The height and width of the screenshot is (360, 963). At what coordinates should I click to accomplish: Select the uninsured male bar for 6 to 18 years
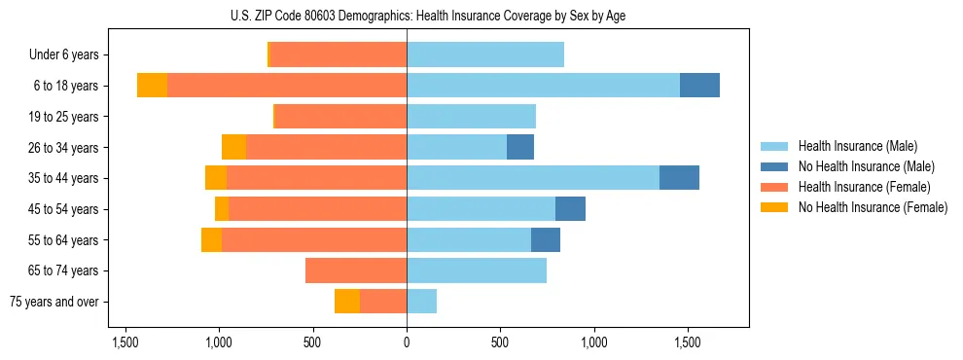coord(699,86)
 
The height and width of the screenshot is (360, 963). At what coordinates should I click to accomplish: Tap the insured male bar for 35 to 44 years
coord(533,178)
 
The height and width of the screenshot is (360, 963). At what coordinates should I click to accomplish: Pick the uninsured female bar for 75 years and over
coord(347,302)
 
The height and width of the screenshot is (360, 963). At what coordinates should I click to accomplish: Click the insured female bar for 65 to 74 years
coord(356,270)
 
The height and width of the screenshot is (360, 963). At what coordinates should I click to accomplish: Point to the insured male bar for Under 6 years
coord(485,55)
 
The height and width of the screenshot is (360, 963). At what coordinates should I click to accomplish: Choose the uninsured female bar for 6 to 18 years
coord(152,86)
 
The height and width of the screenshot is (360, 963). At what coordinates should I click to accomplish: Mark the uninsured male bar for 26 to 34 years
coord(520,147)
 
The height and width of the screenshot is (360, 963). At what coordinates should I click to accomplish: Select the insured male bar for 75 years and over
coord(422,302)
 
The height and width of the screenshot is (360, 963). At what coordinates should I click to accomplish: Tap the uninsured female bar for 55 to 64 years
coord(211,239)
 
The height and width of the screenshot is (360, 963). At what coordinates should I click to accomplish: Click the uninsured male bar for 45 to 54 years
coord(570,209)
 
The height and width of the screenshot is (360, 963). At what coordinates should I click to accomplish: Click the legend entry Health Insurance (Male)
coord(857,146)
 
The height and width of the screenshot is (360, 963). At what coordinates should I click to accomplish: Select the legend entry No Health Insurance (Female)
coord(873,207)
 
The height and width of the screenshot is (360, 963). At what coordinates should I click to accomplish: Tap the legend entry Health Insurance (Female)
coord(865,187)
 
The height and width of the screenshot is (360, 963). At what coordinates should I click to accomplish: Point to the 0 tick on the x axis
coord(407,343)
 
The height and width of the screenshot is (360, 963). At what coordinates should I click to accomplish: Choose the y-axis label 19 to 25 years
coord(63,117)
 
